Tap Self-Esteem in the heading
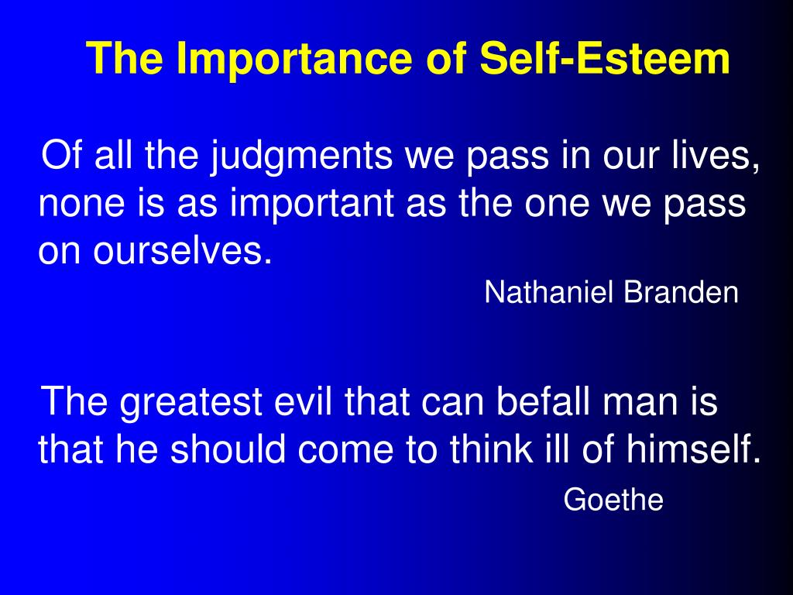(605, 57)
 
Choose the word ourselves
(183, 251)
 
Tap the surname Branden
(681, 292)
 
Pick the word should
(228, 449)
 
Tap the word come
(345, 452)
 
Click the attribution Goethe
(613, 500)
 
